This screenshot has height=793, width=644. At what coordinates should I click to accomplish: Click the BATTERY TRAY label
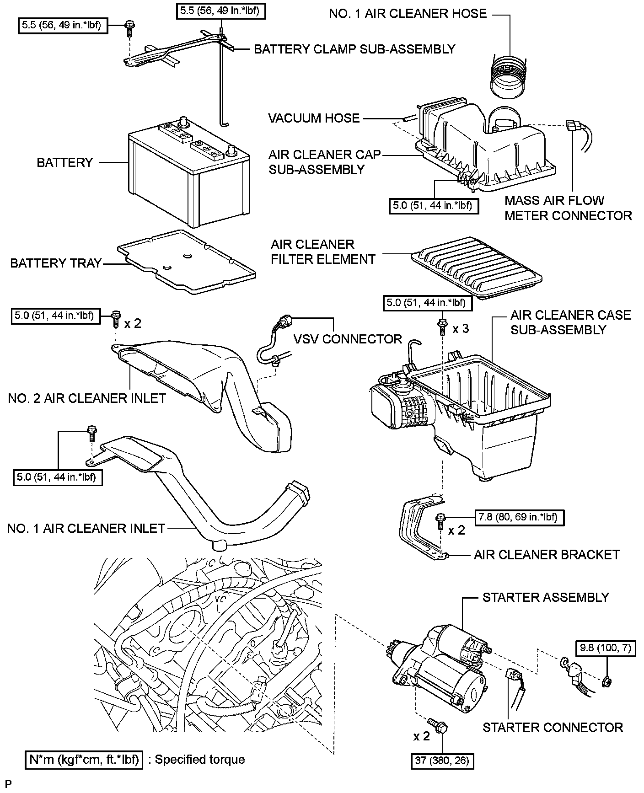click(55, 263)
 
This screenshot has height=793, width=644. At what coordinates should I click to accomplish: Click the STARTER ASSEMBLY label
click(546, 597)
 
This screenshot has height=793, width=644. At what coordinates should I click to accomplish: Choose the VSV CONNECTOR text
click(348, 339)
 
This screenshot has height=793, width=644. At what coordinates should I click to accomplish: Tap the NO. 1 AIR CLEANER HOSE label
click(408, 14)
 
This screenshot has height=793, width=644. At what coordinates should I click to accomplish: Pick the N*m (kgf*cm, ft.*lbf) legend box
click(84, 760)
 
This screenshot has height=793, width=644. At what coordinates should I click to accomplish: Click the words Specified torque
click(200, 760)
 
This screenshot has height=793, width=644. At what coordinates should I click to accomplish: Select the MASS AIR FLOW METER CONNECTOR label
click(568, 208)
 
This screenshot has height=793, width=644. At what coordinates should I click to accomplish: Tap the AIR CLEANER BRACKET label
click(547, 555)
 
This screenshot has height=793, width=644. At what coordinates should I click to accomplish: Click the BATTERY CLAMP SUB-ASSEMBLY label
click(354, 49)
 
